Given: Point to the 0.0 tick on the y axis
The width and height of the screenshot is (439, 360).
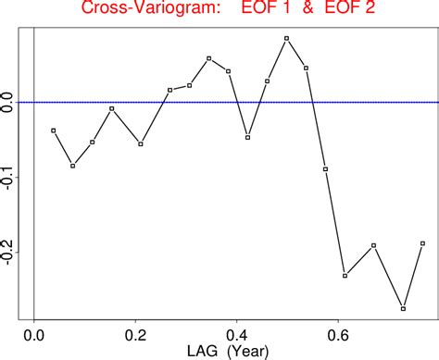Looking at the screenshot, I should click(x=9, y=102).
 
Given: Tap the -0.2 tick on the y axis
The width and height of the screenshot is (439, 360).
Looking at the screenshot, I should click(x=9, y=251).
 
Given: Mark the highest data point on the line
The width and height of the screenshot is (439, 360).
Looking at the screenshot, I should click(x=287, y=38).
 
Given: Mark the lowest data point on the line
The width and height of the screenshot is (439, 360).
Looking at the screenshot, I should click(x=403, y=308).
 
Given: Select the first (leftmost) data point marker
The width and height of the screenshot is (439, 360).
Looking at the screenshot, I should click(x=54, y=130).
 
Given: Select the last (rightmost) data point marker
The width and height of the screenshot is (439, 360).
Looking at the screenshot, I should click(x=422, y=243).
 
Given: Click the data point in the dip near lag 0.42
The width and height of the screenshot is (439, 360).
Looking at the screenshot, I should click(x=248, y=137).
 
